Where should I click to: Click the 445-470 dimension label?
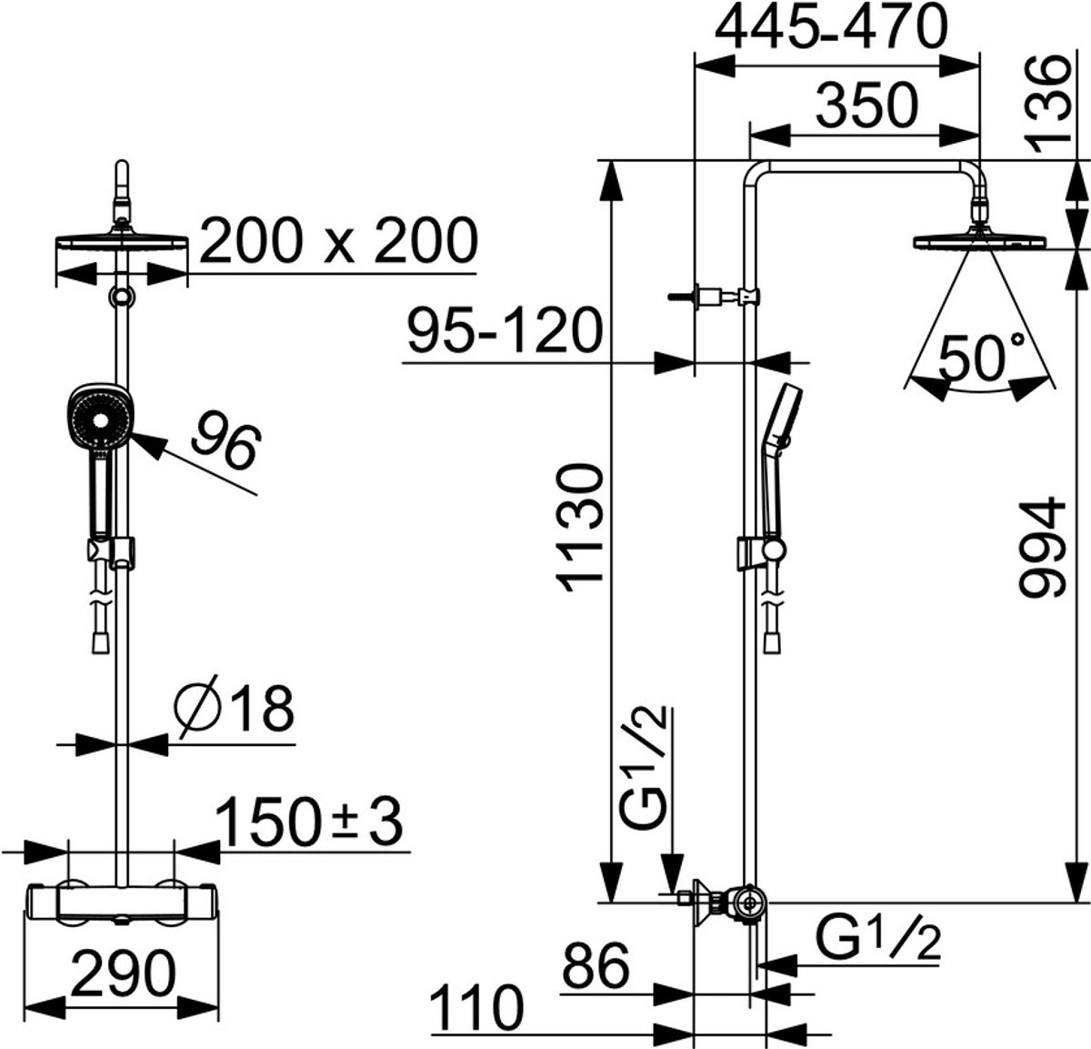tap(831, 27)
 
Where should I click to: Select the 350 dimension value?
tap(866, 105)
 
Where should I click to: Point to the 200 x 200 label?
tap(338, 241)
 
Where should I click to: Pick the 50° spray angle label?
tap(982, 358)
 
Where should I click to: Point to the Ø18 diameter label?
tap(235, 709)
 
